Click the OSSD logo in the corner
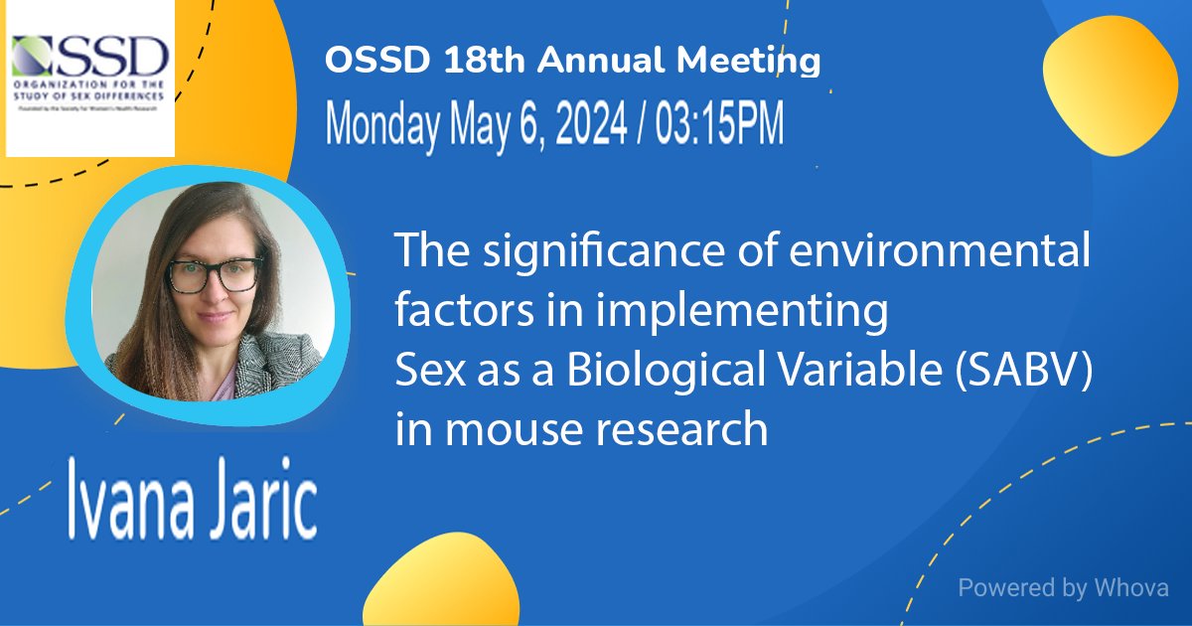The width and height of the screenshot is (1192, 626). [x=90, y=79]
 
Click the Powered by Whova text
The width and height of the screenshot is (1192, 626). [x=1063, y=587]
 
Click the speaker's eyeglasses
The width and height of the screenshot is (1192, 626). [x=215, y=274]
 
